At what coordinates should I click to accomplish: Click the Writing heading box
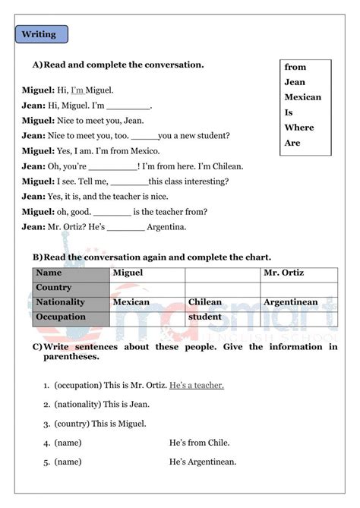[41, 34]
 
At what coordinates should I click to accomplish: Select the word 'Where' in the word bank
[298, 128]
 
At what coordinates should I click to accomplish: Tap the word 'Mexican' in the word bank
[302, 97]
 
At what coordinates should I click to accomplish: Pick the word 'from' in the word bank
[295, 68]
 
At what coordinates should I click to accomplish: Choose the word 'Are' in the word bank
[292, 143]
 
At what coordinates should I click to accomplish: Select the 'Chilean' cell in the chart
[204, 302]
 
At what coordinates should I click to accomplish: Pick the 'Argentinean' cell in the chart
[290, 302]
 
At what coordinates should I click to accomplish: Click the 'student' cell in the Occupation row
[204, 317]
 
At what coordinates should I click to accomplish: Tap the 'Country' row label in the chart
[54, 288]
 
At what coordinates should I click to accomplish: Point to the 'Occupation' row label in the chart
[62, 317]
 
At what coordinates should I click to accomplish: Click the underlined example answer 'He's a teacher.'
[197, 386]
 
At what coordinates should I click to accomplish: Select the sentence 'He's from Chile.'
[200, 443]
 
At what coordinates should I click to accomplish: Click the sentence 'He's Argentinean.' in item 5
[203, 461]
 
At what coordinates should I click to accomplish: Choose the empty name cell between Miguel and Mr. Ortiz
[223, 273]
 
